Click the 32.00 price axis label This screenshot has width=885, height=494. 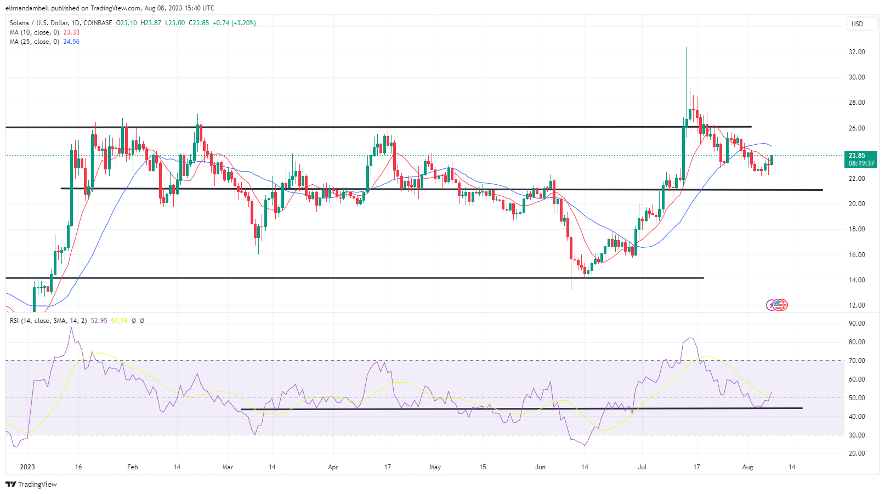[x=856, y=52]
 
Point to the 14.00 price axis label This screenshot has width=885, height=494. [x=856, y=280]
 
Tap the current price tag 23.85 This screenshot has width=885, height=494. [x=856, y=156]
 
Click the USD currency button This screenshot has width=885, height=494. [x=856, y=24]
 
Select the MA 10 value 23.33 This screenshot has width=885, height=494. [x=71, y=32]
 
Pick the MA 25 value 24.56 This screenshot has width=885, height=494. [x=71, y=42]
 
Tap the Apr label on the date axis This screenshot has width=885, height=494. [x=333, y=467]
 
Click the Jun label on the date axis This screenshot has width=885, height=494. [x=541, y=467]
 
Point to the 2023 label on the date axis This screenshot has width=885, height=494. [x=27, y=467]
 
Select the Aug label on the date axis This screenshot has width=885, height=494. [x=747, y=467]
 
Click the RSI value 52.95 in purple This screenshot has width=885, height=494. [x=99, y=321]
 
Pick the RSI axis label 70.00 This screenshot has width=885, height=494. [x=856, y=361]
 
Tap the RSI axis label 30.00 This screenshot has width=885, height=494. [x=856, y=435]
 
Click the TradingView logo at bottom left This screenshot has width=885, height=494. [x=31, y=485]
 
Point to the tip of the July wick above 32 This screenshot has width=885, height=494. [x=687, y=48]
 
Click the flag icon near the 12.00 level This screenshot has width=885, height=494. [x=779, y=305]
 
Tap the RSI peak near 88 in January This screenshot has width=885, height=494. [x=71, y=328]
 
